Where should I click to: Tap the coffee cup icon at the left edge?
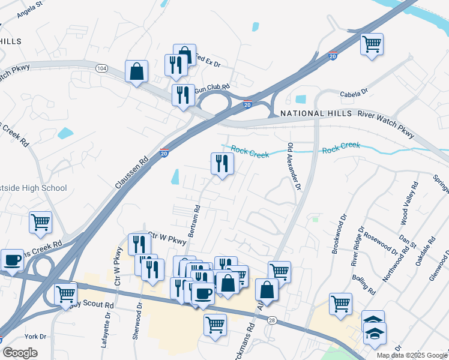[x=13, y=260]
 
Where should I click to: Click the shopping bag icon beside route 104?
[x=137, y=71]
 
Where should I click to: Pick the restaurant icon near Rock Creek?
[x=222, y=163]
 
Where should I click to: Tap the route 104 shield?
[x=101, y=69]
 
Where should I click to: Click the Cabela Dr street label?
[x=354, y=94]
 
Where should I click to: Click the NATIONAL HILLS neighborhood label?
[x=312, y=113]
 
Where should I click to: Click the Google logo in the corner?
[x=20, y=352]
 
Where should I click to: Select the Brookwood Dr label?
[x=339, y=234]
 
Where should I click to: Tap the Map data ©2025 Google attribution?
[x=411, y=355]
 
